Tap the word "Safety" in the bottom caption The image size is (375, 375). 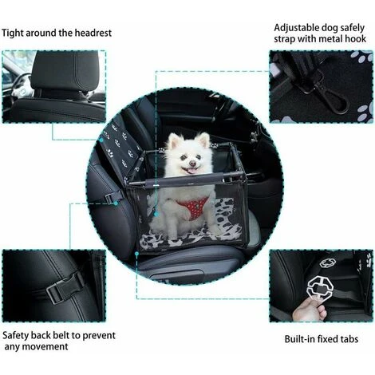point(18,334)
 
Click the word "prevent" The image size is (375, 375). point(110,334)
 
